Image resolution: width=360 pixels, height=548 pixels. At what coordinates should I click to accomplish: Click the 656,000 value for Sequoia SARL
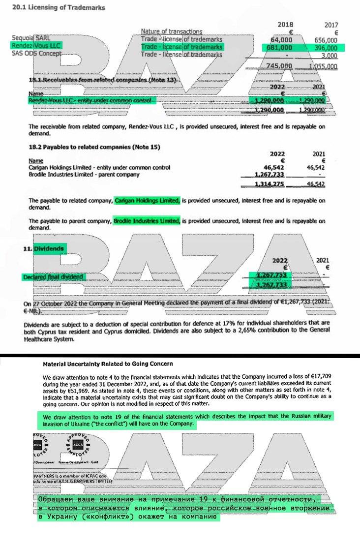point(326,39)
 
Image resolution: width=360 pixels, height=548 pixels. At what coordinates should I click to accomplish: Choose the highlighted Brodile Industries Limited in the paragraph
point(147,221)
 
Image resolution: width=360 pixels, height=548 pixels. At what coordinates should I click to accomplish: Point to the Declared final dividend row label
point(53,277)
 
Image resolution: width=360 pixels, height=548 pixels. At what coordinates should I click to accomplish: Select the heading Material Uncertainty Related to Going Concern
point(108,364)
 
